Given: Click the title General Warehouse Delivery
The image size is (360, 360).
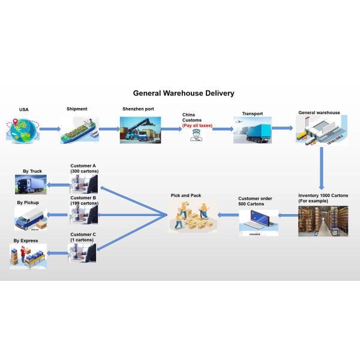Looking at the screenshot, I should [x=184, y=94].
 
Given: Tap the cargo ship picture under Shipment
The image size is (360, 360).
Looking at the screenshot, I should [x=79, y=130].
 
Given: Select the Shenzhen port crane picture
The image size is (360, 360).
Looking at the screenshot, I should [x=140, y=130].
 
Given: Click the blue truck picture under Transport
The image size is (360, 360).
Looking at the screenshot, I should [x=253, y=130].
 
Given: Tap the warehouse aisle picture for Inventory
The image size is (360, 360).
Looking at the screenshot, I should [x=323, y=221].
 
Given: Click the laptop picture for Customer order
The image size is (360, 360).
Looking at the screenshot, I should [x=259, y=222].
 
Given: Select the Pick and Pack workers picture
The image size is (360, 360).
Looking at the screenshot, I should [x=193, y=217].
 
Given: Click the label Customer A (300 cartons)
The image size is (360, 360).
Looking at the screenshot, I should [x=85, y=169].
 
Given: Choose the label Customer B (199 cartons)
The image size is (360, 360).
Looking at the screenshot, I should [x=84, y=200].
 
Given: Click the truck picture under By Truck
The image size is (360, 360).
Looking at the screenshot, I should [x=31, y=184].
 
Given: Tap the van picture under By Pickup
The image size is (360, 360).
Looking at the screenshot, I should [x=31, y=219].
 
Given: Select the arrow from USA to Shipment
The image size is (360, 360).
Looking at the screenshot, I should [x=50, y=129].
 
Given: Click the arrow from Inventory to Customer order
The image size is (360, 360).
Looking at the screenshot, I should [x=287, y=215].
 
